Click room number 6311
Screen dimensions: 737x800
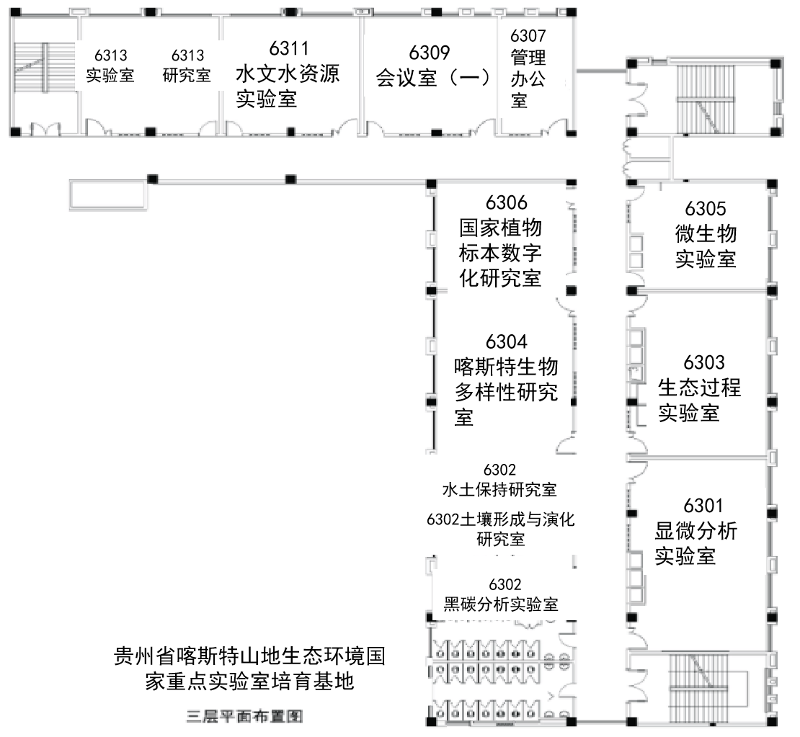pyautogui.click(x=289, y=48)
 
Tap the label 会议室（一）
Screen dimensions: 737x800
pyautogui.click(x=433, y=78)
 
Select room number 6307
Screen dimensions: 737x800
pyautogui.click(x=528, y=35)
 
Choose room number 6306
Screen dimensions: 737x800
pyautogui.click(x=506, y=203)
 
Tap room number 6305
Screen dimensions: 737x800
pyautogui.click(x=706, y=209)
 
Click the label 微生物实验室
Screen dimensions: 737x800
pyautogui.click(x=706, y=246)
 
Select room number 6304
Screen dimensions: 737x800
pyautogui.click(x=506, y=341)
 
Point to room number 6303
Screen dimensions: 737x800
pyautogui.click(x=704, y=362)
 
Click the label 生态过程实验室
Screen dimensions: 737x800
pyautogui.click(x=699, y=401)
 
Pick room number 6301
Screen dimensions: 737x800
pyautogui.click(x=703, y=506)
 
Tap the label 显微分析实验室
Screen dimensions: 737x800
pyautogui.click(x=695, y=544)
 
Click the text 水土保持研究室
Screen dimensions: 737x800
pyautogui.click(x=499, y=491)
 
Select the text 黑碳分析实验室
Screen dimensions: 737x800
pyautogui.click(x=501, y=604)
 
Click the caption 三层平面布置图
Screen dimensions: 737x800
pyautogui.click(x=245, y=718)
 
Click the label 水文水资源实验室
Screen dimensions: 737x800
pyautogui.click(x=288, y=86)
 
